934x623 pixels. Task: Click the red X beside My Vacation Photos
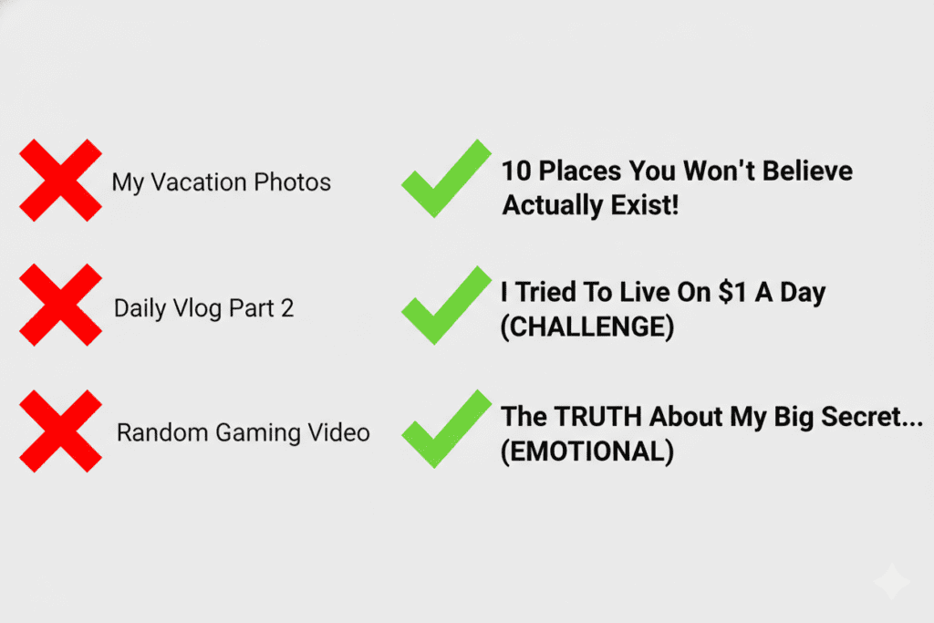60,180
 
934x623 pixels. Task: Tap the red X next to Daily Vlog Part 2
60,306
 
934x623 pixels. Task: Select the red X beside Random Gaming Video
60,431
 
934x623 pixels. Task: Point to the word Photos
293,182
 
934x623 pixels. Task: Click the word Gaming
256,432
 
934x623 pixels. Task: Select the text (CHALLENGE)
587,327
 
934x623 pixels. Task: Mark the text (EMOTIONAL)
587,452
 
